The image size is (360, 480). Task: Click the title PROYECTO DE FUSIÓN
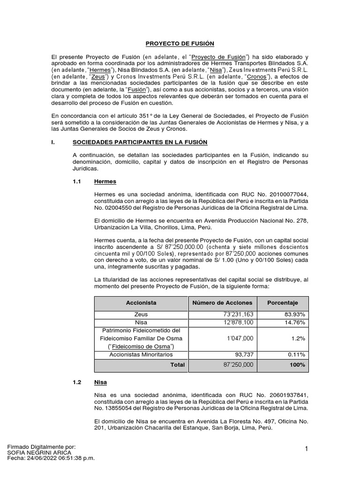pyautogui.click(x=180, y=44)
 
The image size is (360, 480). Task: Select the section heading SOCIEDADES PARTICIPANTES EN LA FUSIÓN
pyautogui.click(x=140, y=142)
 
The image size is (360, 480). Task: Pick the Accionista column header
pyautogui.click(x=141, y=303)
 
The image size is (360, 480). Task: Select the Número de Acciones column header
pyautogui.click(x=222, y=303)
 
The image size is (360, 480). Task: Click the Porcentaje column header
pyautogui.click(x=282, y=303)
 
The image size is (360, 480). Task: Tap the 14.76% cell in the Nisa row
pyautogui.click(x=296, y=322)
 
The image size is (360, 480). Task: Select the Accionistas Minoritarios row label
pyautogui.click(x=141, y=354)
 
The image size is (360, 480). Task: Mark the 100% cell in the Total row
pyautogui.click(x=297, y=365)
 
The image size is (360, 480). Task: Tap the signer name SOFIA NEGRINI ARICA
pyautogui.click(x=39, y=453)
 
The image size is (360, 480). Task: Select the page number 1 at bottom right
pyautogui.click(x=306, y=449)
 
